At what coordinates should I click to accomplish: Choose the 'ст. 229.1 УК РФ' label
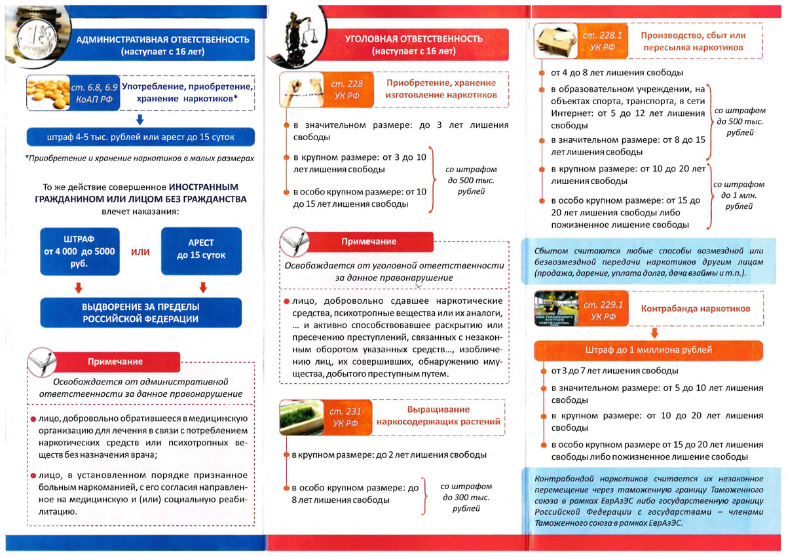[x=603, y=309]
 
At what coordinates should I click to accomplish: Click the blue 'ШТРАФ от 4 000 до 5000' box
[x=80, y=251]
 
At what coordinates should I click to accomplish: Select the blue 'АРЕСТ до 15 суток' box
[x=201, y=251]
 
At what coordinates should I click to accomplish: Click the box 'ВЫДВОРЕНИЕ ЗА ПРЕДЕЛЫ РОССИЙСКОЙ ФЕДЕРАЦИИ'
[x=141, y=313]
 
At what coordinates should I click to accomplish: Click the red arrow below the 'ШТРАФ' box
[x=79, y=287]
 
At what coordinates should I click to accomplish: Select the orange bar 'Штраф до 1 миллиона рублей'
[x=648, y=350]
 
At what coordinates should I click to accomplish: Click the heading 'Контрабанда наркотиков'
[x=695, y=308]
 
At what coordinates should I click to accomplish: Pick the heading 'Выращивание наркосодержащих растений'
[x=438, y=416]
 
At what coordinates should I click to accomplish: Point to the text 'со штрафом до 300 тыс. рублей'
[x=466, y=497]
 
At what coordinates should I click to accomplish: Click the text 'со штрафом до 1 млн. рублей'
[x=738, y=195]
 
